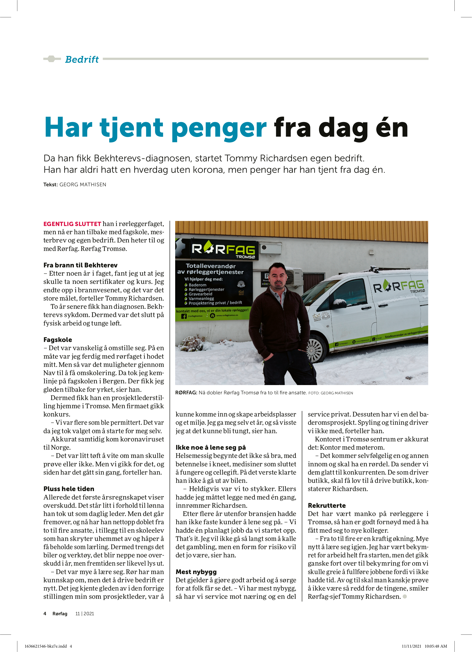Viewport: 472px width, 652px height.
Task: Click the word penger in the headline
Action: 219,128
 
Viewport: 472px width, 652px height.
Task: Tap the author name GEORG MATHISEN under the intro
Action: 83,185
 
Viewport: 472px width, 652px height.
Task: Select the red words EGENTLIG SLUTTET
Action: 72,224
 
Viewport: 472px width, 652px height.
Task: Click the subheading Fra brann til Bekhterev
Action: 80,265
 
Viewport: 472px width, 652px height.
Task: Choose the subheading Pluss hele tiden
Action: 69,489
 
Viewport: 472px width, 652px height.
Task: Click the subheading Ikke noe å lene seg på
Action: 211,447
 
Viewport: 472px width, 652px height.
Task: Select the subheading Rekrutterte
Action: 327,505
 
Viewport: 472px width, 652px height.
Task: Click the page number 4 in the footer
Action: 45,614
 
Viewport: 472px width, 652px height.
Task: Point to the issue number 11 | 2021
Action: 85,614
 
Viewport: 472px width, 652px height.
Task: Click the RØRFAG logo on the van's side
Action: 399,286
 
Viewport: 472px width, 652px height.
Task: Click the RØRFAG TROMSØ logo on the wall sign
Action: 223,250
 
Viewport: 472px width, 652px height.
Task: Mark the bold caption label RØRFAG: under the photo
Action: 186,393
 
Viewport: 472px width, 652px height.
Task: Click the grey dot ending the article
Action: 405,596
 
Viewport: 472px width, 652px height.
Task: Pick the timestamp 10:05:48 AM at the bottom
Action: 436,646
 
